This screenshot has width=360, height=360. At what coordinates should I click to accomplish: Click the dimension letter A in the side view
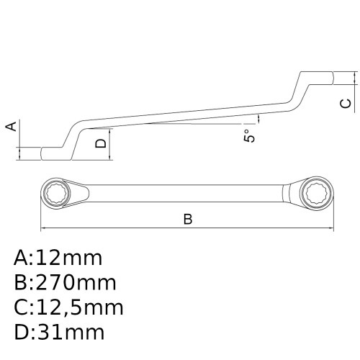tap(11, 127)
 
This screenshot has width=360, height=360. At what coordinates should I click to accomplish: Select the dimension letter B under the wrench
tap(187, 219)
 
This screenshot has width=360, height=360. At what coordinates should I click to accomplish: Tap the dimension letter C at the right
tap(346, 104)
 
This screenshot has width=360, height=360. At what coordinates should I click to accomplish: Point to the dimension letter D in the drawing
tap(102, 143)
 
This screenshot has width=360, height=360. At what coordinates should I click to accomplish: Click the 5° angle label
tap(249, 134)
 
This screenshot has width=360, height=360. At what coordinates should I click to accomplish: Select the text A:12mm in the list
tap(58, 258)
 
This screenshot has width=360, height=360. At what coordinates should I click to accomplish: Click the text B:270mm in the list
tap(65, 282)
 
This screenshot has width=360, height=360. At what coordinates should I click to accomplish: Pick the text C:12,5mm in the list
tap(68, 307)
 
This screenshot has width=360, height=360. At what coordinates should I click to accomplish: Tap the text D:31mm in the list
tap(59, 332)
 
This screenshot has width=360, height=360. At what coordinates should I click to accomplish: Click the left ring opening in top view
tap(58, 193)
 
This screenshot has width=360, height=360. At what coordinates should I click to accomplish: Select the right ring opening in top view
tap(315, 193)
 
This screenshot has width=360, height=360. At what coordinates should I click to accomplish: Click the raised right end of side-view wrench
tap(317, 76)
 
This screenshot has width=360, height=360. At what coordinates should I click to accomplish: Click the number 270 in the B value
tap(54, 282)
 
